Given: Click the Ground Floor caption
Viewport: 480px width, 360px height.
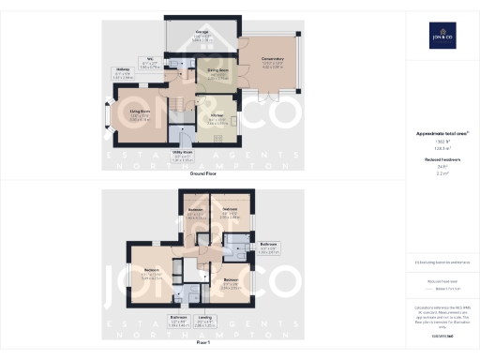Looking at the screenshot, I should (203, 174).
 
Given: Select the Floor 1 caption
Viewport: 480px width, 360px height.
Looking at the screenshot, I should (203, 343).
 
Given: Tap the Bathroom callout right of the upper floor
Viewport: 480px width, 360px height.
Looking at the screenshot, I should (269, 248).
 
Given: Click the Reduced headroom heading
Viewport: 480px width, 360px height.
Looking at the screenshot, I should (441, 160).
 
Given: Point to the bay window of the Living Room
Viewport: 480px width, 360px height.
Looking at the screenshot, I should (108, 119).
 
